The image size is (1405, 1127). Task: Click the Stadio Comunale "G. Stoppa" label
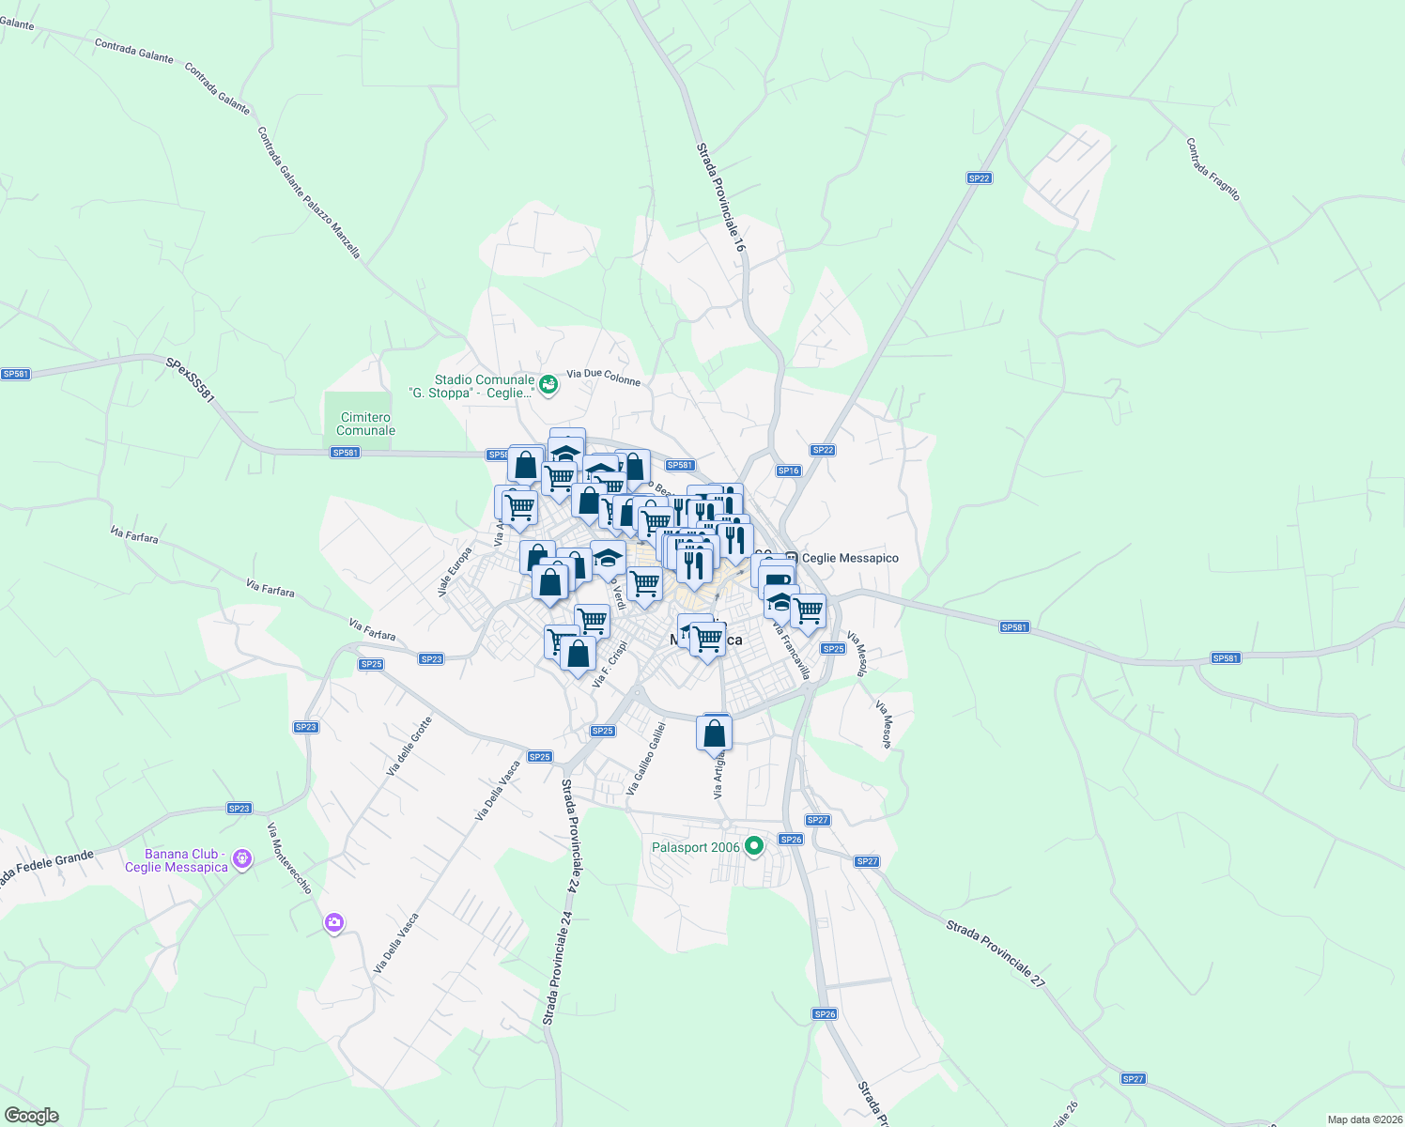pyautogui.click(x=471, y=387)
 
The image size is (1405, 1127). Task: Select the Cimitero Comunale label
pyautogui.click(x=366, y=424)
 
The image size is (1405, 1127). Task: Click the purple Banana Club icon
pyautogui.click(x=242, y=858)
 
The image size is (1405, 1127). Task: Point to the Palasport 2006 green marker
pyautogui.click(x=753, y=846)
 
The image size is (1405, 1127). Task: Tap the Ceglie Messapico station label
pyautogui.click(x=849, y=558)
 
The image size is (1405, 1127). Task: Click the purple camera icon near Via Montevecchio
pyautogui.click(x=333, y=923)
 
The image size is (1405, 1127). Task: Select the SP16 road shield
pyautogui.click(x=789, y=471)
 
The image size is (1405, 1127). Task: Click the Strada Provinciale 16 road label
pyautogui.click(x=720, y=197)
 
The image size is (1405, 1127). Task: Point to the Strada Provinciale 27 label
pyautogui.click(x=995, y=953)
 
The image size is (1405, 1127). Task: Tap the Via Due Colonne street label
pyautogui.click(x=603, y=378)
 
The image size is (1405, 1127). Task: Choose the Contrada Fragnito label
pyautogui.click(x=1212, y=169)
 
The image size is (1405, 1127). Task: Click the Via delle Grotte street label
pyautogui.click(x=409, y=746)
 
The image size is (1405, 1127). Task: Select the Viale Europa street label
pyautogui.click(x=455, y=572)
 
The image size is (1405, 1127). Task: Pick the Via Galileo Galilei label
pyautogui.click(x=646, y=759)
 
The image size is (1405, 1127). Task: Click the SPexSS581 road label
pyautogui.click(x=191, y=380)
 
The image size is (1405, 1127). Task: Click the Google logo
pyautogui.click(x=31, y=1116)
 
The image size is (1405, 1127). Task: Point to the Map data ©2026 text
pyautogui.click(x=1364, y=1119)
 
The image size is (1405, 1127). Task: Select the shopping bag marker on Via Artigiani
pyautogui.click(x=715, y=733)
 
